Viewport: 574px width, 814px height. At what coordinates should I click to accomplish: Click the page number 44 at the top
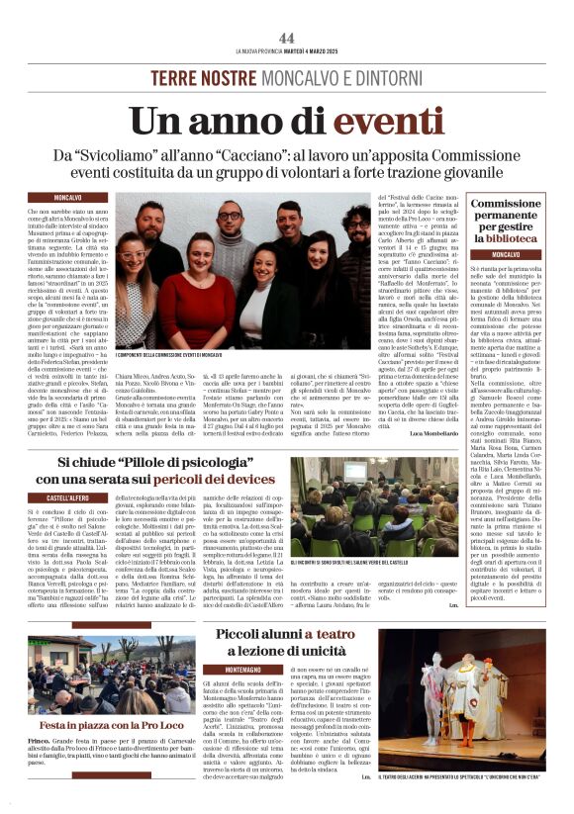(x=287, y=38)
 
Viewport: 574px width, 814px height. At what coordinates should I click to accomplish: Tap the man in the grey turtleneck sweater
(x=230, y=231)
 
